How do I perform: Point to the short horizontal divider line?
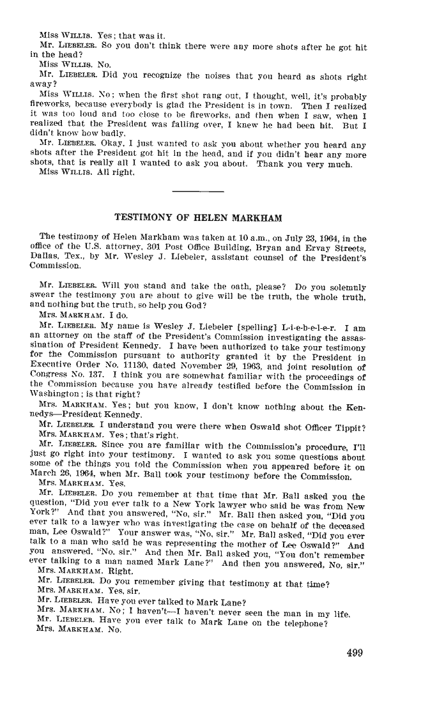click(198, 191)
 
